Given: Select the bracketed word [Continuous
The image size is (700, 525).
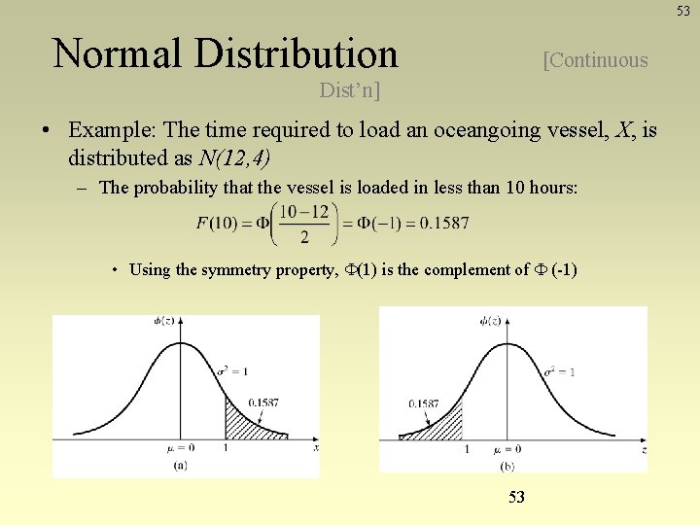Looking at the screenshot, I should [x=596, y=60].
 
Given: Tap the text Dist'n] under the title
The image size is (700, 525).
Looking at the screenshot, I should [x=350, y=90].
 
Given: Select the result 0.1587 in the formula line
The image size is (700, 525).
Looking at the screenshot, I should [x=444, y=224].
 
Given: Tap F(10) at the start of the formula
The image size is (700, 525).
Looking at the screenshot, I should [x=219, y=224].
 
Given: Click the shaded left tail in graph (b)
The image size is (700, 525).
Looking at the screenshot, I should [x=439, y=424].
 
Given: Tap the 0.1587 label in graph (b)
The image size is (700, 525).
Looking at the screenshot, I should [x=423, y=402].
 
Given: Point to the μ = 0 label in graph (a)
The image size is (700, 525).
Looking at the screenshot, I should [x=182, y=448].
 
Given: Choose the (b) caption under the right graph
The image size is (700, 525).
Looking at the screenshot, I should [x=507, y=467].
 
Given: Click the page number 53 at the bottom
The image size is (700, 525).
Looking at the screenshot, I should [x=516, y=497].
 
